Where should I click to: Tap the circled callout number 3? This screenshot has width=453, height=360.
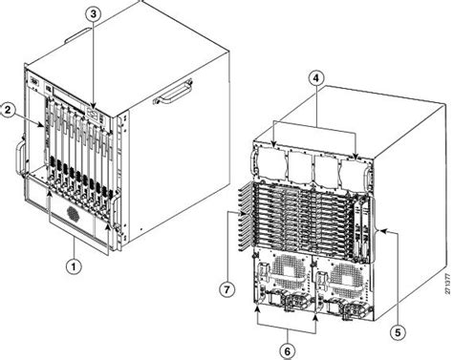92,14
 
